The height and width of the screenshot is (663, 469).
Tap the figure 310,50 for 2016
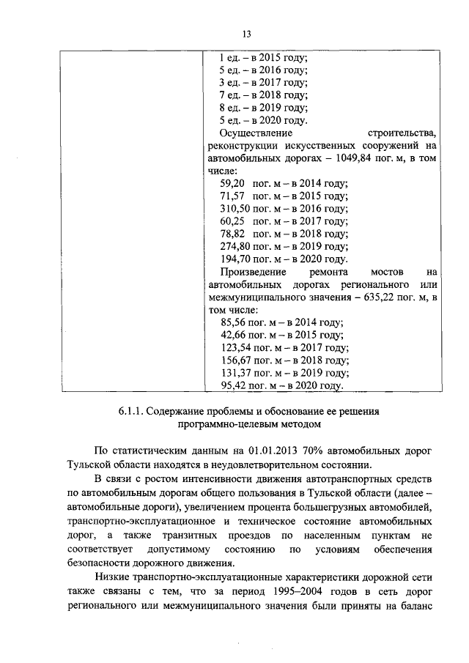[x=234, y=209]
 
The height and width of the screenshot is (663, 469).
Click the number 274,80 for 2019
[x=234, y=246]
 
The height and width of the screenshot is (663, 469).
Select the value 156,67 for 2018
[x=234, y=360]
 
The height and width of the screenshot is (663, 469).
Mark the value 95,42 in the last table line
[x=233, y=385]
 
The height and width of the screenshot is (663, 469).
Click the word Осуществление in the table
[x=256, y=134]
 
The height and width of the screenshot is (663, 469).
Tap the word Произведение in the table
[x=254, y=272]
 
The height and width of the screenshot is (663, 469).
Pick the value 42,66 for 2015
[x=233, y=335]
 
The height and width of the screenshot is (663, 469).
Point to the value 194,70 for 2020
[x=234, y=259]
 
